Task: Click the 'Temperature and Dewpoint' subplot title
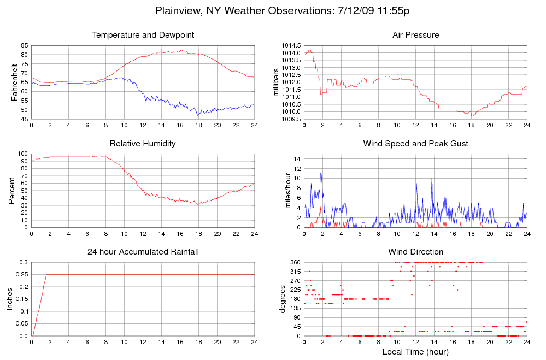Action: [143, 35]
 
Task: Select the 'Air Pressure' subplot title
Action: [415, 35]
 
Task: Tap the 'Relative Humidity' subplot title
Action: [143, 144]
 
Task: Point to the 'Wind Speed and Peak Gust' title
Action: [415, 144]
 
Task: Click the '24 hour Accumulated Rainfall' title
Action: [143, 252]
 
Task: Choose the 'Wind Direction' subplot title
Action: [415, 252]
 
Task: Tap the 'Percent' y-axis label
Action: [12, 191]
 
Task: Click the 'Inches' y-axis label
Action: [9, 299]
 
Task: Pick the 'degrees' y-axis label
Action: [283, 299]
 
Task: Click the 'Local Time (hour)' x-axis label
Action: [415, 351]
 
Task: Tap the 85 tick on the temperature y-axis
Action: [24, 46]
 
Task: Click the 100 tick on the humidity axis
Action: [22, 154]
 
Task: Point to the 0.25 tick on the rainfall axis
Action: [22, 275]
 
